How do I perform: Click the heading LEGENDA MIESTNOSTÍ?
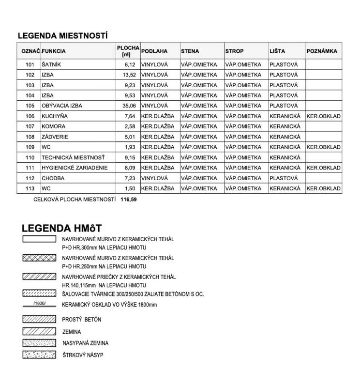pyautogui.click(x=62, y=36)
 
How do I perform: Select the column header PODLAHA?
pyautogui.click(x=154, y=51)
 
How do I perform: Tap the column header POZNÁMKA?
pyautogui.click(x=322, y=51)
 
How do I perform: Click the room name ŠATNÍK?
pyautogui.click(x=52, y=64)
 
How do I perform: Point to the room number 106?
pyautogui.click(x=30, y=116)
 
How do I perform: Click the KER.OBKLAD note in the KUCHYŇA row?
pyautogui.click(x=323, y=116)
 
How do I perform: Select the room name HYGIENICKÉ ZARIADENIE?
pyautogui.click(x=75, y=168)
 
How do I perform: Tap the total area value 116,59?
pyautogui.click(x=129, y=199)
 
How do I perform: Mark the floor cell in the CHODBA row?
pyautogui.click(x=154, y=178)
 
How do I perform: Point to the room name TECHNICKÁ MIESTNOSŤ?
pyautogui.click(x=73, y=157)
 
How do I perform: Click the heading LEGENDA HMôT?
pyautogui.click(x=61, y=228)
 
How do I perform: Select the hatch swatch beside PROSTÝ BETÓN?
pyautogui.click(x=39, y=320)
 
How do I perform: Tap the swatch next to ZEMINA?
pyautogui.click(x=39, y=332)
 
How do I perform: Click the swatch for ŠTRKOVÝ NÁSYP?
pyautogui.click(x=39, y=355)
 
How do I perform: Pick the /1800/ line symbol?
pyautogui.click(x=39, y=304)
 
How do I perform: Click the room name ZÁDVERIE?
pyautogui.click(x=55, y=137)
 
